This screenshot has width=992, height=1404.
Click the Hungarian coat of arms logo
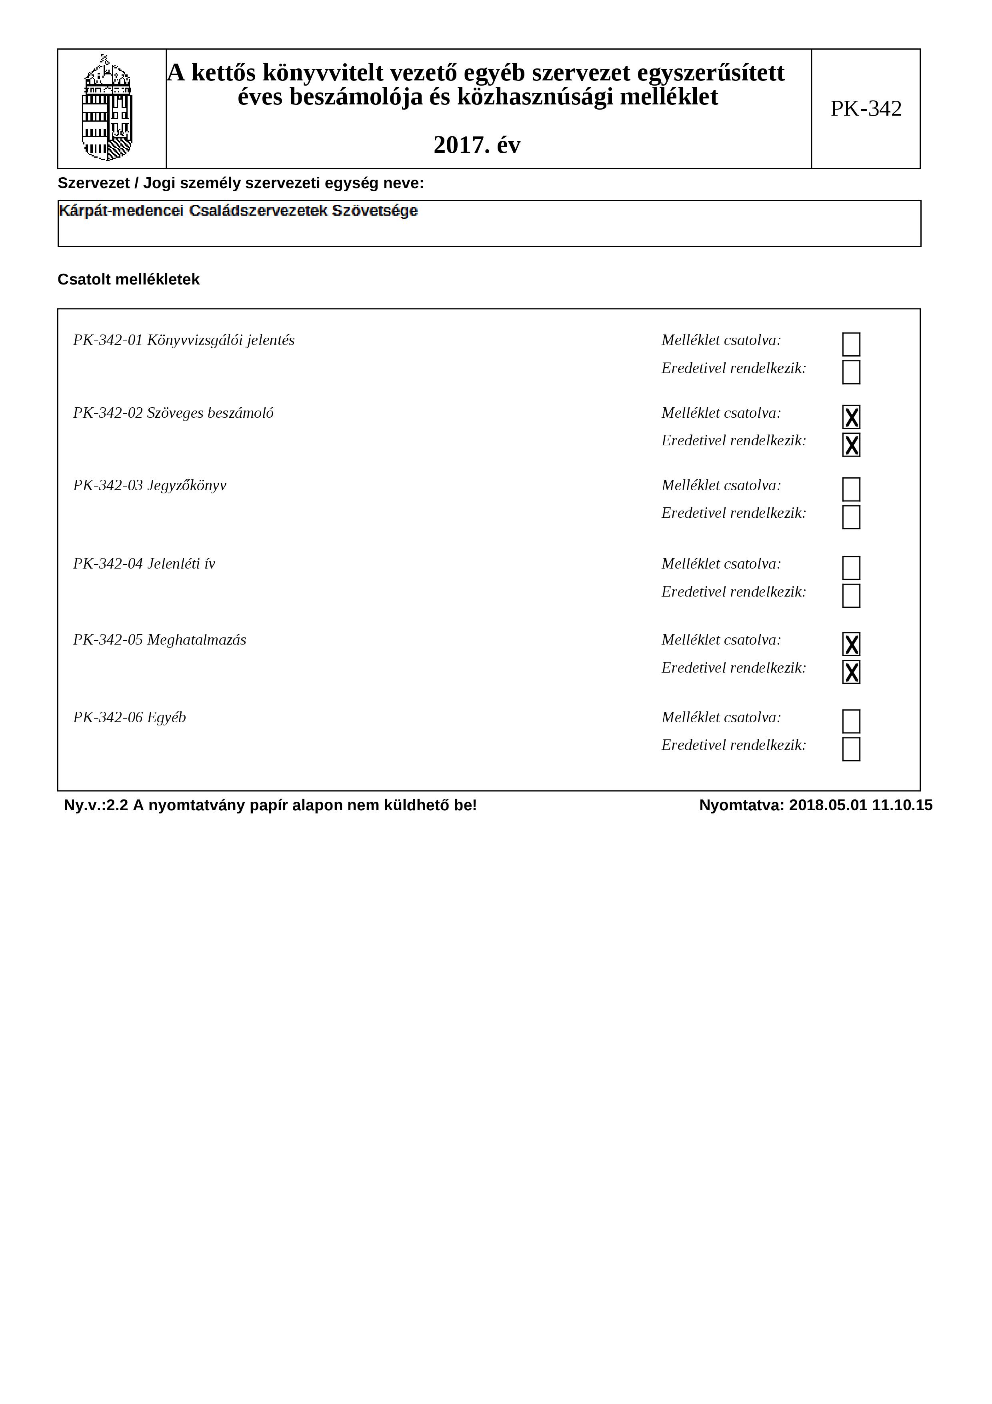tap(108, 108)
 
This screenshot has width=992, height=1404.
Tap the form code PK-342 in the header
tap(866, 109)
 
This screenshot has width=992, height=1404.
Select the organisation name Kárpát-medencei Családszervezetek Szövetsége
tap(238, 211)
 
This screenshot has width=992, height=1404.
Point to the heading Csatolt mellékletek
tap(128, 279)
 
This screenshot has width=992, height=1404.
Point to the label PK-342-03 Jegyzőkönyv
tap(150, 485)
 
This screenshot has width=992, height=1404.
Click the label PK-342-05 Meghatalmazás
tap(160, 640)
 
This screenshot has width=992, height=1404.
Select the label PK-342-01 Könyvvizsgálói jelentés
tap(183, 340)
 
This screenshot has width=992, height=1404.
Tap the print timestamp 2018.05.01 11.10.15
tap(860, 805)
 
